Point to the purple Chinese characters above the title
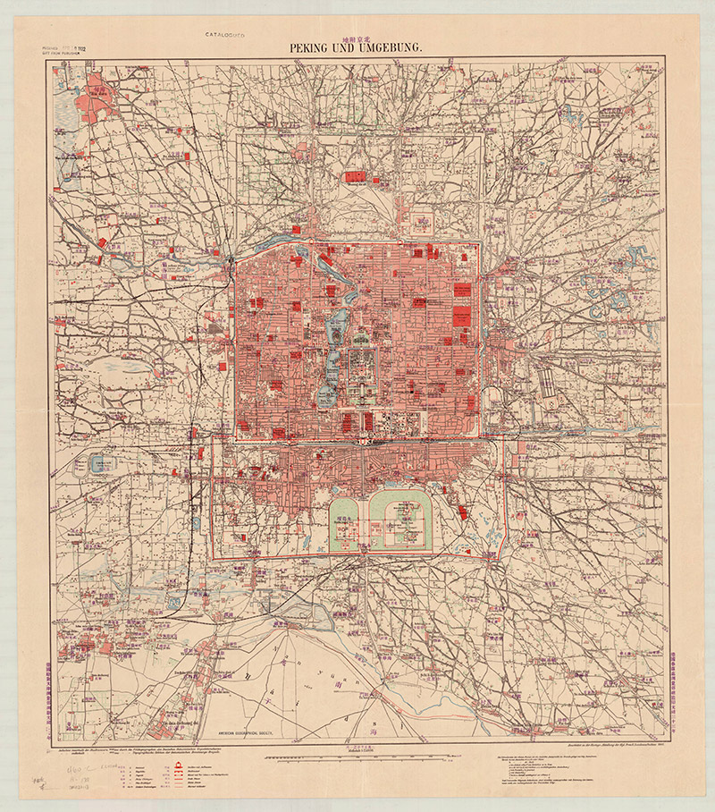pyautogui.click(x=357, y=34)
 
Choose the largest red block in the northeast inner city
pyautogui.click(x=462, y=315)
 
